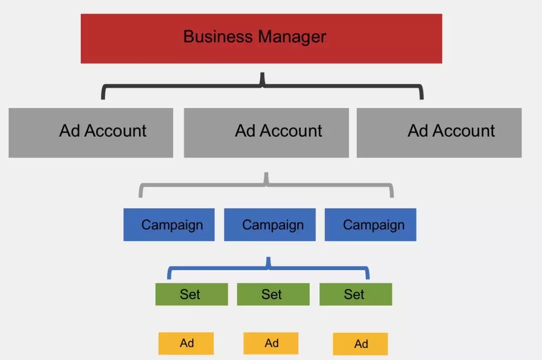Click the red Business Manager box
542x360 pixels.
pos(261,38)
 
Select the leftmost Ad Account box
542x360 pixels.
pos(91,133)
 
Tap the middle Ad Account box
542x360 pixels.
pos(266,133)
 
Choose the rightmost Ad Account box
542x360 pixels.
pos(439,133)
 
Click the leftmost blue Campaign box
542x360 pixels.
pos(169,224)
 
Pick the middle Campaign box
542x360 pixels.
pos(269,224)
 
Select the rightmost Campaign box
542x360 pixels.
pos(370,224)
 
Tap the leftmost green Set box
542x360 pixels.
pos(192,294)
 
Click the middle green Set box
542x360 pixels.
pos(273,294)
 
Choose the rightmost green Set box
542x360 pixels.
pos(356,294)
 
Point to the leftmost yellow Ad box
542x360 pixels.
pos(186,343)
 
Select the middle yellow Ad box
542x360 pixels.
pos(270,343)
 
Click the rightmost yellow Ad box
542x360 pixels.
pos(360,344)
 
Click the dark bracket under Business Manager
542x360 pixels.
pos(262,85)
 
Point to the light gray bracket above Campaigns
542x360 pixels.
pos(266,185)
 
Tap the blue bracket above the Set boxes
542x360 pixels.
pos(268,267)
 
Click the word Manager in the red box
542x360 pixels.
pos(292,37)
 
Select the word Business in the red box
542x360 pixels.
pos(218,36)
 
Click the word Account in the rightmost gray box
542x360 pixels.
pos(464,131)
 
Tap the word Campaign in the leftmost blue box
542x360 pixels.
pos(172,225)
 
